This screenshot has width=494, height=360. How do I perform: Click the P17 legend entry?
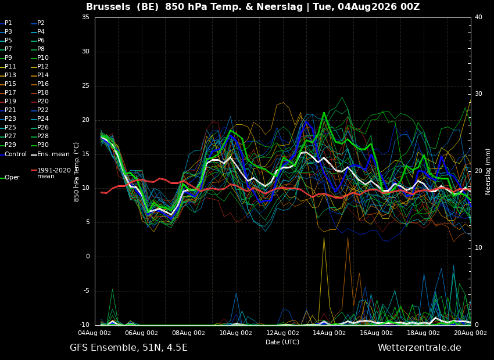8,92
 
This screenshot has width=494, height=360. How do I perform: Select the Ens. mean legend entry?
50,154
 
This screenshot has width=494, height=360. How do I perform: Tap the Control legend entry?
13,154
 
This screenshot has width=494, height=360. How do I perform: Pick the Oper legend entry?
10,178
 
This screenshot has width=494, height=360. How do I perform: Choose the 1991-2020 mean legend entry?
51,173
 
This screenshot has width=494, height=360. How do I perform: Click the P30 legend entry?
40,145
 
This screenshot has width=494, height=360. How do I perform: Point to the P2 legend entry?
38,23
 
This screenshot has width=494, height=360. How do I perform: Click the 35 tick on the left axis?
85,17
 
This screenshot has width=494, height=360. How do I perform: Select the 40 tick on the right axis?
478,17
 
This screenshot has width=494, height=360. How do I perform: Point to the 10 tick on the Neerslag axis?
478,248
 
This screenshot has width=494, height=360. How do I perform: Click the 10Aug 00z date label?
235,333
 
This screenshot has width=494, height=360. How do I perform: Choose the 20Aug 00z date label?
470,333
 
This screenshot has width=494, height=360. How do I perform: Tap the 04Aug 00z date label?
95,333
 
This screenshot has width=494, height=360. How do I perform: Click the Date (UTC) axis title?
282,342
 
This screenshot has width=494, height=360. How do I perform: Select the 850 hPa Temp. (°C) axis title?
77,172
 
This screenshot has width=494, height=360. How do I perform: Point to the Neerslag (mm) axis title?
488,172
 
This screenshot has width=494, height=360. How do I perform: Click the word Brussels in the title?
108,6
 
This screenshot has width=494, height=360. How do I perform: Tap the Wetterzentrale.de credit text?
420,348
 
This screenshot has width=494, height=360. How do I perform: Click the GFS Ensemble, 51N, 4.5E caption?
128,348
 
